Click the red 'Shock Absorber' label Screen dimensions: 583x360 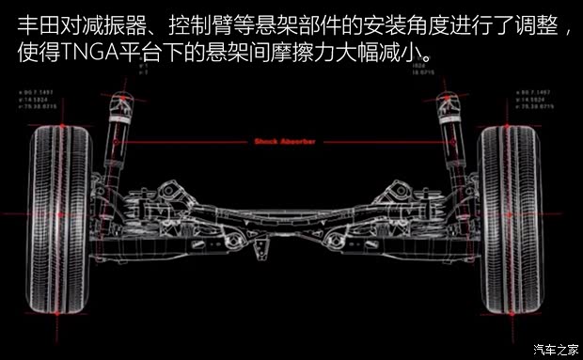click(x=284, y=143)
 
